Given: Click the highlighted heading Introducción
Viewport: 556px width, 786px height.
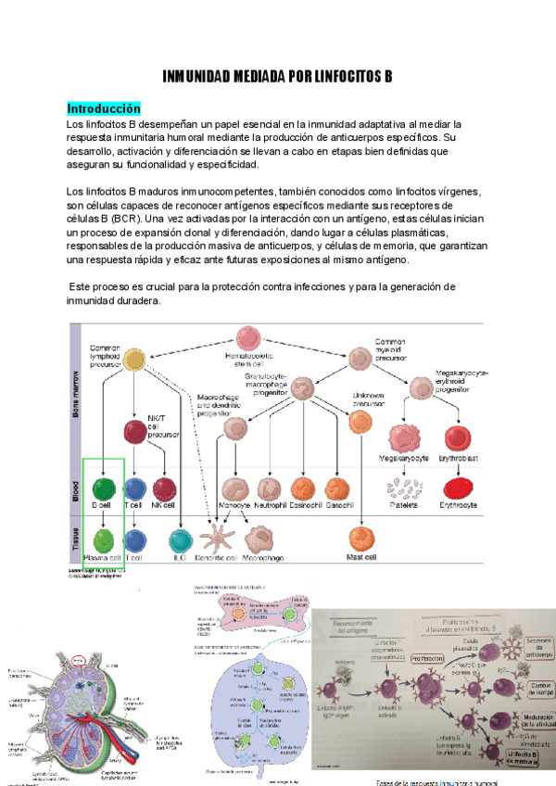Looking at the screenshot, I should pyautogui.click(x=104, y=108).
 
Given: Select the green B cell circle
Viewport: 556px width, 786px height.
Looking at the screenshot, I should pyautogui.click(x=104, y=488).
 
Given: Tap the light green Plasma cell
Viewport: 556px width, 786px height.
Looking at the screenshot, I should pyautogui.click(x=103, y=539).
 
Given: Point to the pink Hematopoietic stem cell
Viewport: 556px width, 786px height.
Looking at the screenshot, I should pyautogui.click(x=248, y=338).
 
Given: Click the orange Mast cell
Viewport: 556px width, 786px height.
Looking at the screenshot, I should pyautogui.click(x=360, y=539).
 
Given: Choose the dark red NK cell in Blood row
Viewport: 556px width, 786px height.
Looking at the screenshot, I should pyautogui.click(x=165, y=488).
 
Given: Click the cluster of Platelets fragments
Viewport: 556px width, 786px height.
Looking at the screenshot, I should pyautogui.click(x=404, y=488).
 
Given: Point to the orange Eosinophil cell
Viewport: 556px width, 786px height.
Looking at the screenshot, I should pyautogui.click(x=303, y=488).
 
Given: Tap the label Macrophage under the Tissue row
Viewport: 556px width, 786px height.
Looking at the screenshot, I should pyautogui.click(x=263, y=559).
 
